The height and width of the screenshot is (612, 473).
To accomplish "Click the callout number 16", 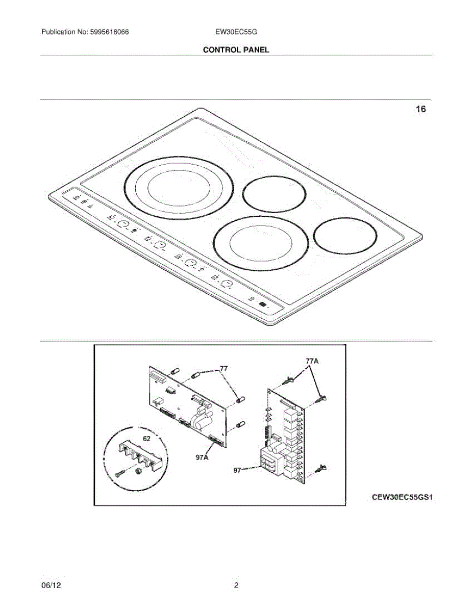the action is pos(420,109).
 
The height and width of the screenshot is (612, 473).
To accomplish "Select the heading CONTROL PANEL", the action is pos(236,49).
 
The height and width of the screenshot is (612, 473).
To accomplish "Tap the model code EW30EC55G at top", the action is pos(236,32).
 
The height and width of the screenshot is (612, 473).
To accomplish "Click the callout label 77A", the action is pos(312,361).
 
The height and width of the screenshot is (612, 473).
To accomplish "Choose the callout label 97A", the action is pos(203,457).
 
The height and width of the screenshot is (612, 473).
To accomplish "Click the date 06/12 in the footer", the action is pos(48,585).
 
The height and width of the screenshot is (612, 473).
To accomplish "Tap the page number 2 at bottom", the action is pos(236,585).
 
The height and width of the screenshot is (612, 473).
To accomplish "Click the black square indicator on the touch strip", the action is pos(262,304).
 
